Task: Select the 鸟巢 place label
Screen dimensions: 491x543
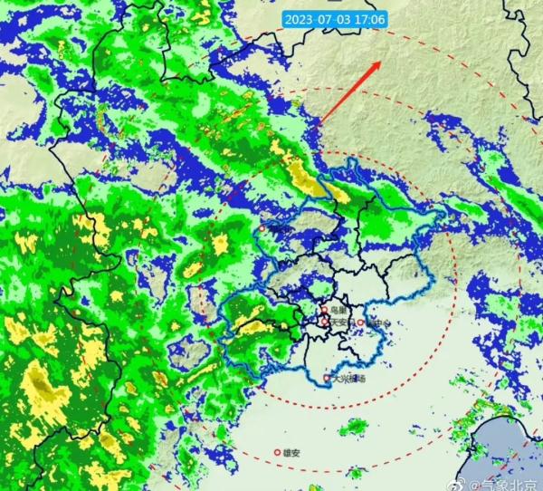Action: pos(337,310)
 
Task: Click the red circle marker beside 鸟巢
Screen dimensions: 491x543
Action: pos(323,310)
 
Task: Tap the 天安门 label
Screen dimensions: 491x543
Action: pos(341,322)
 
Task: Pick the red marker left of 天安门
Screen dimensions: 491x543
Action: pos(325,321)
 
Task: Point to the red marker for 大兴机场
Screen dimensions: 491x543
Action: pos(327,378)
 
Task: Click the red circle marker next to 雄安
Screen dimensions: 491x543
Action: pos(278,451)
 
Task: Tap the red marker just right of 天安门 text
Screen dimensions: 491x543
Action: pos(359,322)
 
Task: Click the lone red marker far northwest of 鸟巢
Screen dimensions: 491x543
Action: pos(262,228)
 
